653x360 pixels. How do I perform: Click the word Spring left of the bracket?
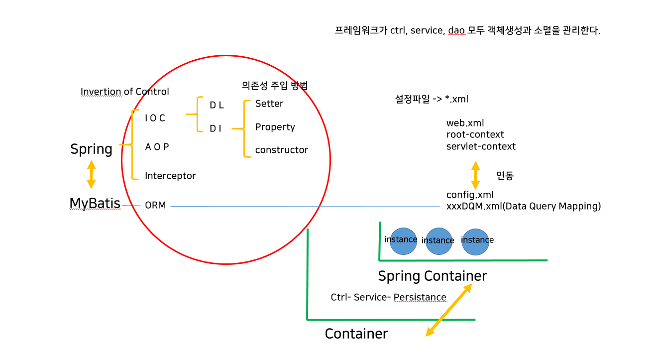click(91, 149)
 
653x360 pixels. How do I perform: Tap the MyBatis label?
click(95, 203)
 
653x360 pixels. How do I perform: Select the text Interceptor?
click(170, 176)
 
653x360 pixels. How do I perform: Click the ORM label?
click(155, 205)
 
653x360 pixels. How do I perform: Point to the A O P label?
click(157, 147)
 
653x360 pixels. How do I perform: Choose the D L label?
click(217, 105)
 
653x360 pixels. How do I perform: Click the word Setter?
click(269, 104)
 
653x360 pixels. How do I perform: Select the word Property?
click(275, 127)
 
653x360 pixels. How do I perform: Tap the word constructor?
click(282, 150)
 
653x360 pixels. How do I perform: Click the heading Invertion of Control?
click(125, 92)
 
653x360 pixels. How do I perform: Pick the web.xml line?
click(465, 122)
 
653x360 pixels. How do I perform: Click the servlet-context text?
click(481, 146)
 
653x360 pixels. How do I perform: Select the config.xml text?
click(470, 195)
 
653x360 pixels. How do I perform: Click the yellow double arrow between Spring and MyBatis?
click(91, 174)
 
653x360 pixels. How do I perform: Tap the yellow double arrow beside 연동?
click(475, 175)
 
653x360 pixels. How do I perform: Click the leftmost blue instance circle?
click(402, 240)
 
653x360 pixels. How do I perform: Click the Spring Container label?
click(432, 276)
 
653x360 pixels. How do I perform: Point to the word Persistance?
click(420, 297)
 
